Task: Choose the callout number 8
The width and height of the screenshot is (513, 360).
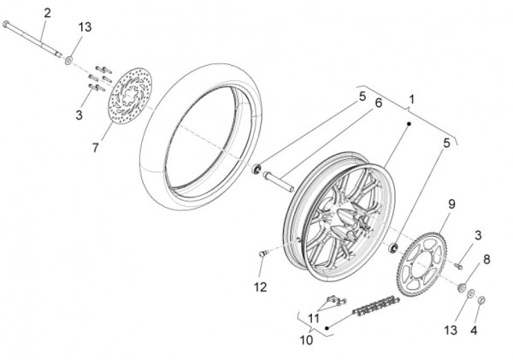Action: click(486, 259)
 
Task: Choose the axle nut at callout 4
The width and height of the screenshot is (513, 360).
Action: click(481, 300)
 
